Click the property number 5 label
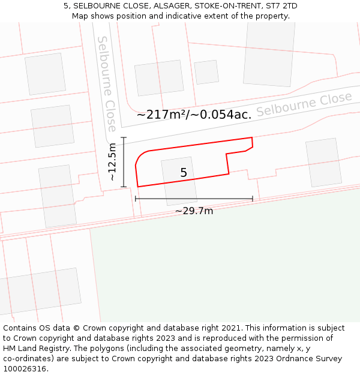184,173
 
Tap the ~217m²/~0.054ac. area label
194,115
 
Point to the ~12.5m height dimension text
112,162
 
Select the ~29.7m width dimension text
194,211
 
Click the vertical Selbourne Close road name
106,84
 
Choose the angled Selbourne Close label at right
304,105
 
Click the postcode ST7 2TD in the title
282,6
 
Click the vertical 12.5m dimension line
124,162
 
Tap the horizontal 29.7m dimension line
194,199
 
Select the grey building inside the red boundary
179,181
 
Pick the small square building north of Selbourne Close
206,72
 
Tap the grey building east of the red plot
323,162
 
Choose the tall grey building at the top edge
269,54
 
